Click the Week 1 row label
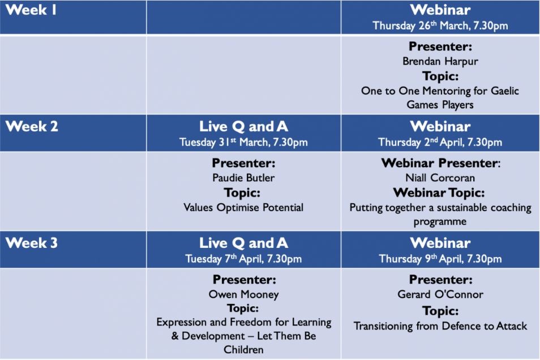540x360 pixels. click(x=31, y=10)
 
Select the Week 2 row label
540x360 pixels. click(x=32, y=126)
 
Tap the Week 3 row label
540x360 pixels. click(x=32, y=243)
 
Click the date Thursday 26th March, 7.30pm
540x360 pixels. click(x=440, y=25)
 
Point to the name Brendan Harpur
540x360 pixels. click(x=440, y=61)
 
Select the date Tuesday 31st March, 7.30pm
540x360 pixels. click(x=243, y=142)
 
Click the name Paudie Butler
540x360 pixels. click(x=243, y=178)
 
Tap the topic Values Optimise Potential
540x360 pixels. click(x=243, y=207)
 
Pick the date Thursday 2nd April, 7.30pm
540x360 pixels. click(x=440, y=142)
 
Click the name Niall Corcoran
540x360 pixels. click(x=440, y=178)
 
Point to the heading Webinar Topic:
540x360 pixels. click(x=439, y=192)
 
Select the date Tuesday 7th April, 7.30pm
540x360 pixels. click(x=243, y=259)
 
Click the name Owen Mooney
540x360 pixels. click(x=243, y=294)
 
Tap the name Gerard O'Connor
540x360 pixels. click(x=440, y=294)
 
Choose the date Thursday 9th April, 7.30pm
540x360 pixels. click(x=440, y=259)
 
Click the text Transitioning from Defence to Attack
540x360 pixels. click(x=440, y=326)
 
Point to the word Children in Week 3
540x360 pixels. click(x=243, y=350)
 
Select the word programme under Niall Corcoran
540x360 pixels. click(x=440, y=221)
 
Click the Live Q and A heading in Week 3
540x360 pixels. click(x=243, y=243)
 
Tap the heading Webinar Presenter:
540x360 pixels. click(x=441, y=163)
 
